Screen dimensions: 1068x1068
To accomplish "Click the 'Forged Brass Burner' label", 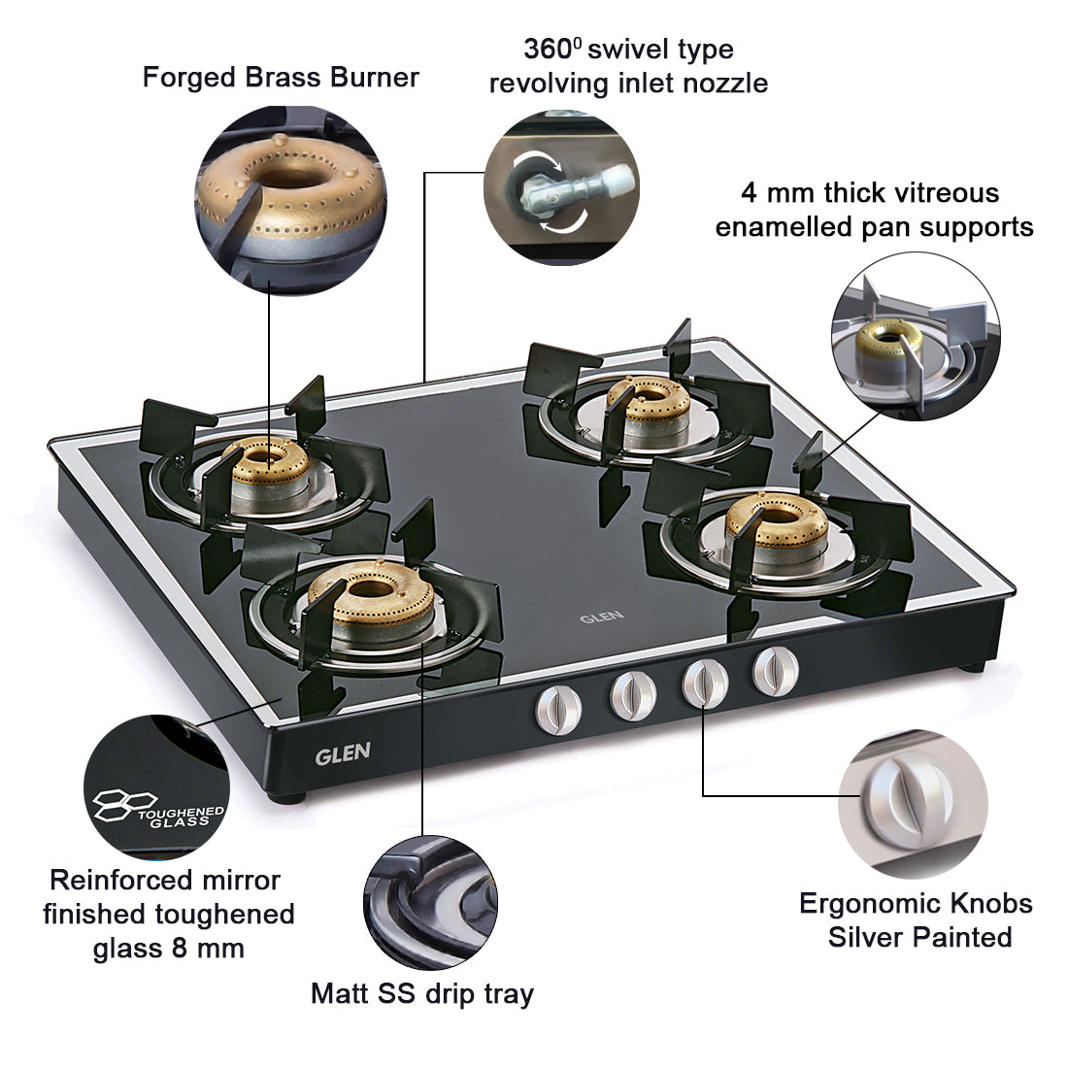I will [281, 78].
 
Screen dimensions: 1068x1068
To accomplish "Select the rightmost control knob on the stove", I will [776, 669].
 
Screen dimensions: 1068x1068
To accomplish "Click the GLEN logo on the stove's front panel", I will [342, 754].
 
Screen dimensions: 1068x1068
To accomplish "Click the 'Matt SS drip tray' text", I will [421, 993].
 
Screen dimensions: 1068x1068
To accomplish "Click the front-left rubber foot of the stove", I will [288, 798].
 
